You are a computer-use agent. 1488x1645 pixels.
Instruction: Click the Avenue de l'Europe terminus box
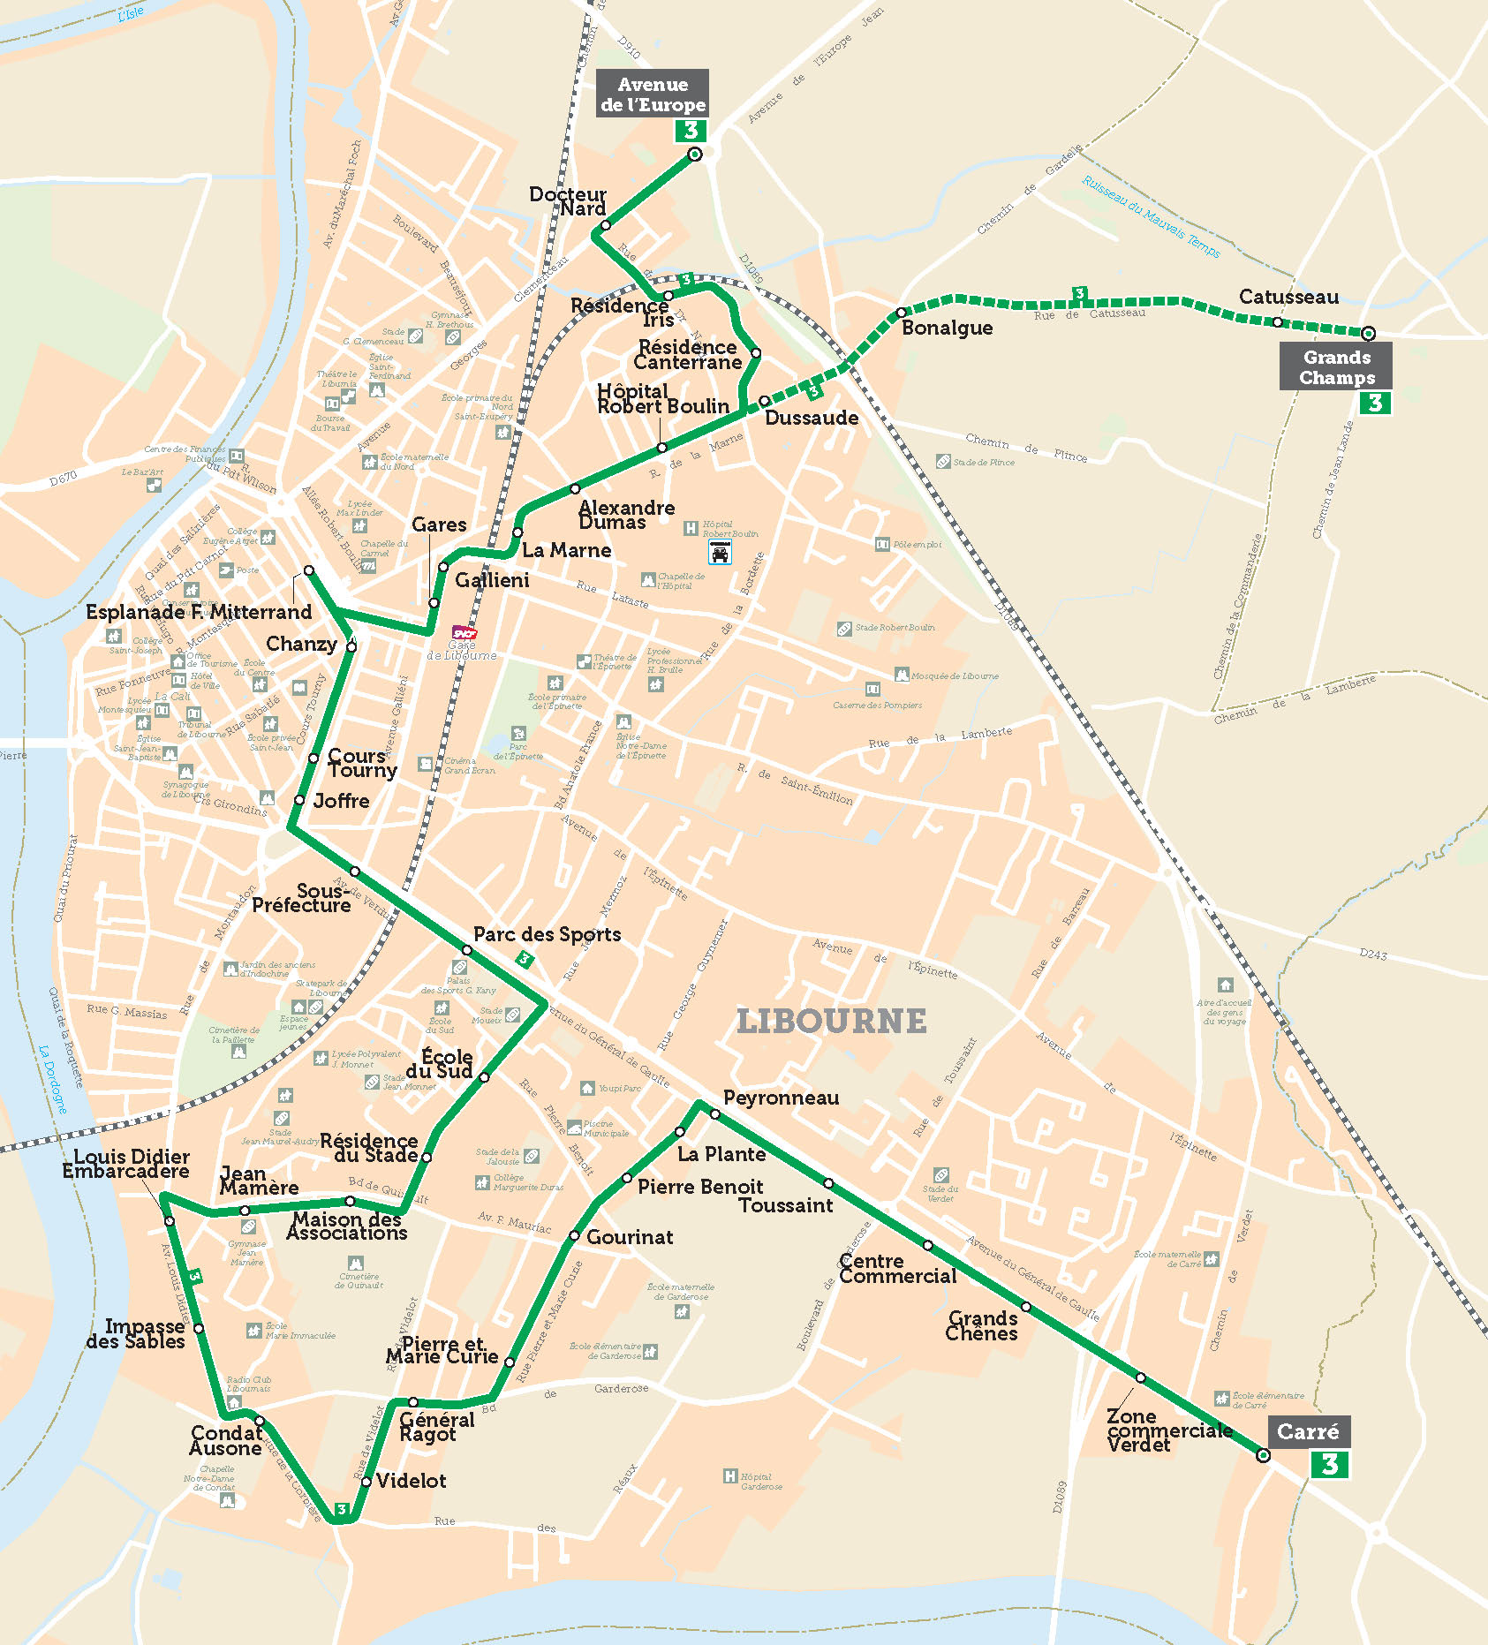click(652, 94)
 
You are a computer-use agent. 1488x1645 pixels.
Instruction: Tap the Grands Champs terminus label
click(1336, 367)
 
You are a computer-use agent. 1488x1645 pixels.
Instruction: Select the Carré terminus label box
click(1308, 1431)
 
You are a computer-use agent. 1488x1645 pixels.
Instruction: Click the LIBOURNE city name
click(832, 1022)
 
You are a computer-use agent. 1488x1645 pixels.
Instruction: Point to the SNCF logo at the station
click(465, 632)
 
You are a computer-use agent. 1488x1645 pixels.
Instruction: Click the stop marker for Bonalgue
click(901, 313)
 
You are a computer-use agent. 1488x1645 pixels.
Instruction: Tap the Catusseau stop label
click(1288, 297)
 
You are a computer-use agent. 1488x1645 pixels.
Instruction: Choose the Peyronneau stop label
click(781, 1098)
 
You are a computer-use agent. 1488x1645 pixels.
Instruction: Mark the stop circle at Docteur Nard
click(605, 226)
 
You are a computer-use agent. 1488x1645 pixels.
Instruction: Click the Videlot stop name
click(411, 1481)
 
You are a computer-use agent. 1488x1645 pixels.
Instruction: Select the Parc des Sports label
click(547, 934)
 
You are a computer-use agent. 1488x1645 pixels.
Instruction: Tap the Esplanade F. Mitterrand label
click(199, 612)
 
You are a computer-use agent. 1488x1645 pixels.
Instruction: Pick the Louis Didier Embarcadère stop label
click(126, 1164)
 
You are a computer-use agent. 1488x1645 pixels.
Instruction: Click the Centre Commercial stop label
click(897, 1269)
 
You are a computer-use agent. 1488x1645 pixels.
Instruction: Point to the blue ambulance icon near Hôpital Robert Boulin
click(720, 553)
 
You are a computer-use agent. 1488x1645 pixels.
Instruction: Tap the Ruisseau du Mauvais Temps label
click(1151, 216)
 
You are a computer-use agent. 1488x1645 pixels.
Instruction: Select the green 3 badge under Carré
click(1330, 1465)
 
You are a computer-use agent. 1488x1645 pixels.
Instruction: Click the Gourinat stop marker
click(574, 1236)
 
